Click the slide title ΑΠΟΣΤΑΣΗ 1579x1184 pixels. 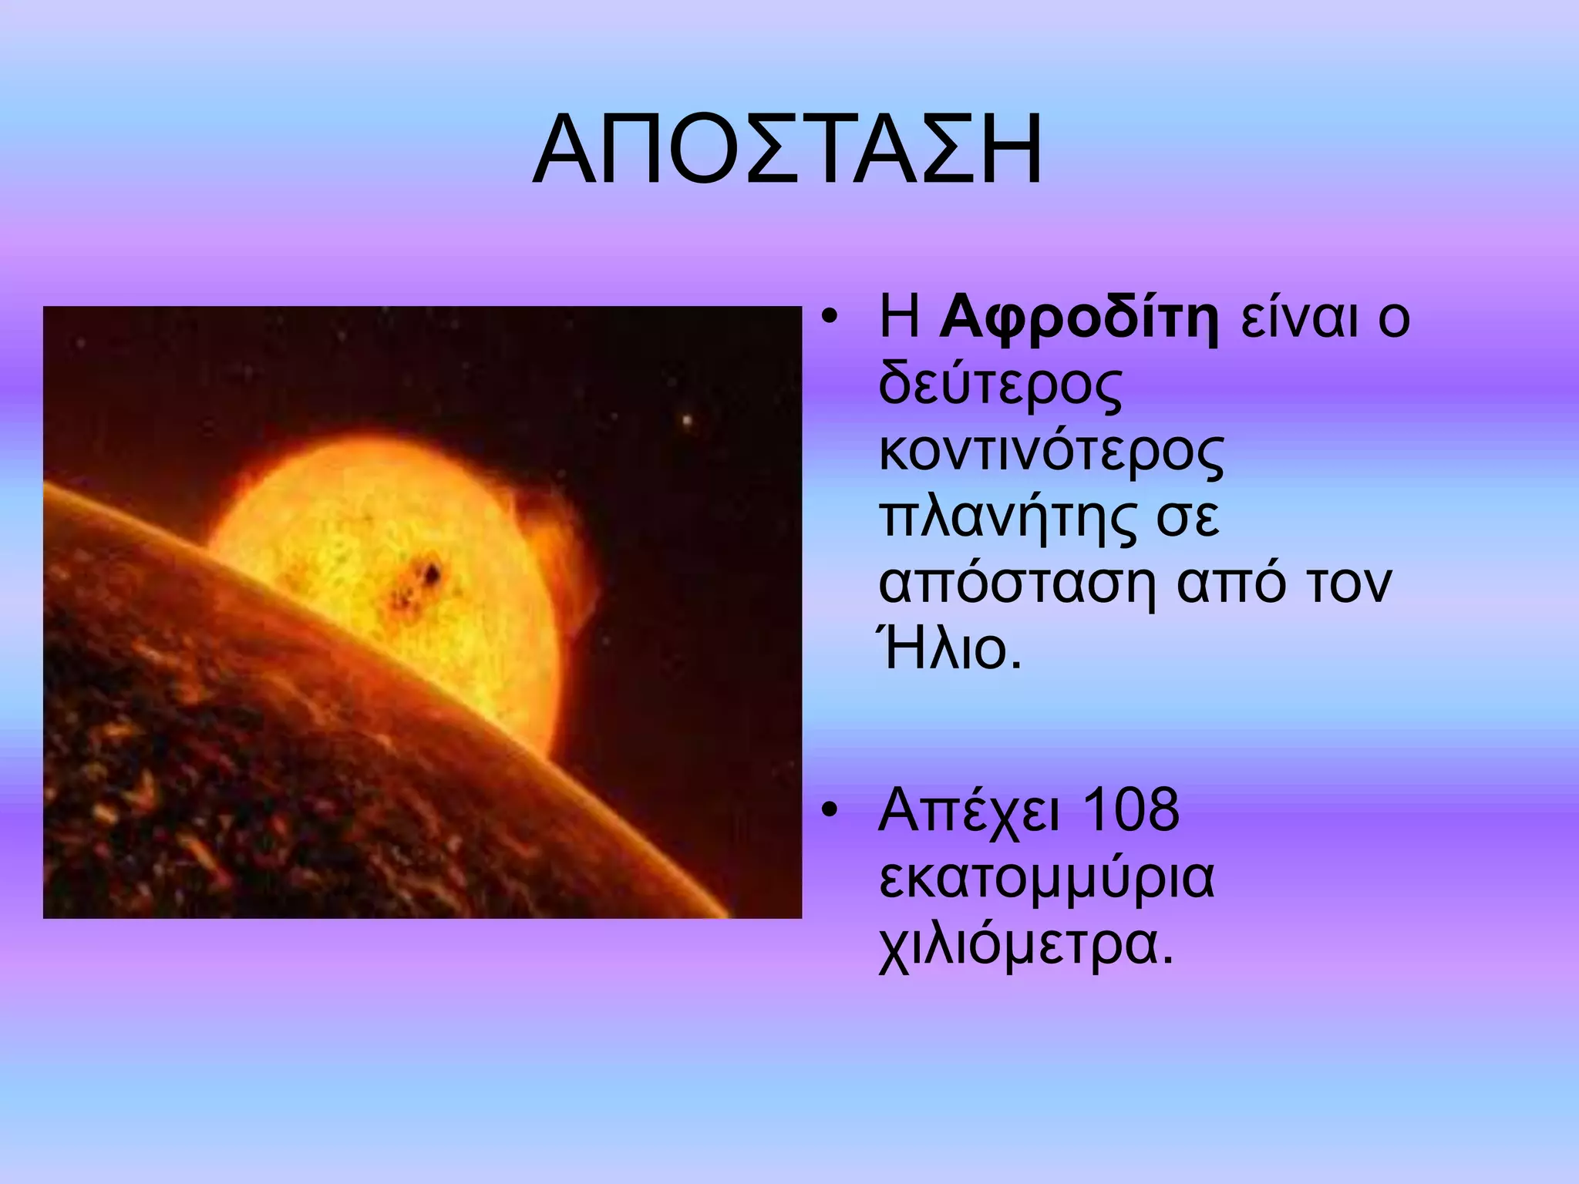[x=788, y=153]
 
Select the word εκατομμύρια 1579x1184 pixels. [x=1046, y=879]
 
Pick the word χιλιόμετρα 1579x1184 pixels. [x=1025, y=945]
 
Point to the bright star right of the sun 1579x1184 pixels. [x=685, y=421]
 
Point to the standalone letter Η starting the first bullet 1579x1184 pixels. [x=899, y=318]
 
